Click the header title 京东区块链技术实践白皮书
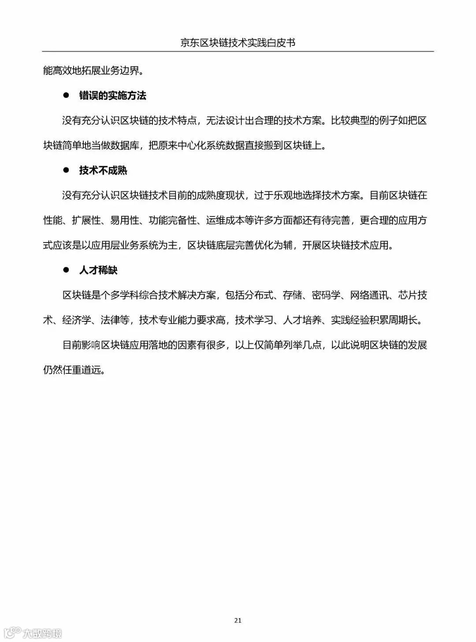click(238, 43)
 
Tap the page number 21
click(238, 620)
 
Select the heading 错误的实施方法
click(112, 96)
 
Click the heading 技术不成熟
click(103, 171)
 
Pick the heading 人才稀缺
click(98, 270)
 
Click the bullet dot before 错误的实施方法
click(67, 95)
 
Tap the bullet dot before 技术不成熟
click(67, 170)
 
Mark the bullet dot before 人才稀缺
click(67, 270)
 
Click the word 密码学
click(326, 295)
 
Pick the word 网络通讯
click(369, 295)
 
